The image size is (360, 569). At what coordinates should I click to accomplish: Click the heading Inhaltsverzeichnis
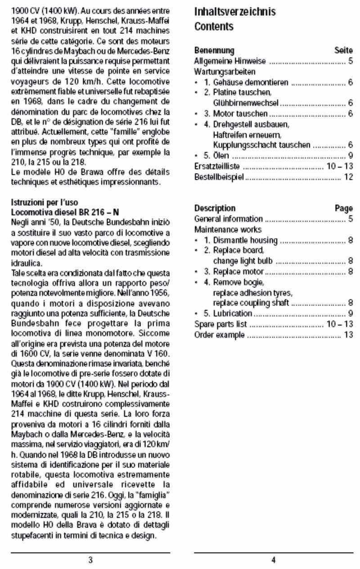point(234,11)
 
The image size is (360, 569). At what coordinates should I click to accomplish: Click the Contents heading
point(214,27)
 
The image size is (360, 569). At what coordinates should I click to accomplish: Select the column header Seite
point(344,50)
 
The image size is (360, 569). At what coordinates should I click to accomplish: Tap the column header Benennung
point(214,50)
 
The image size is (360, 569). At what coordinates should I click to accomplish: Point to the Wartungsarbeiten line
point(225,72)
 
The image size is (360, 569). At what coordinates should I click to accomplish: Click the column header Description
point(215,208)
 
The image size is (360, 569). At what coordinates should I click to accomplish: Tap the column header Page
point(344,208)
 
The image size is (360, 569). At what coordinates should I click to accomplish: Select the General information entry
point(228,219)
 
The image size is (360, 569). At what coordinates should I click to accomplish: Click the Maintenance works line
point(228,230)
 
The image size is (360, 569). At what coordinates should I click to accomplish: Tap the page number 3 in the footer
point(90,560)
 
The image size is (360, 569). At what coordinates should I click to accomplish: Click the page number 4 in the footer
point(274,560)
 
